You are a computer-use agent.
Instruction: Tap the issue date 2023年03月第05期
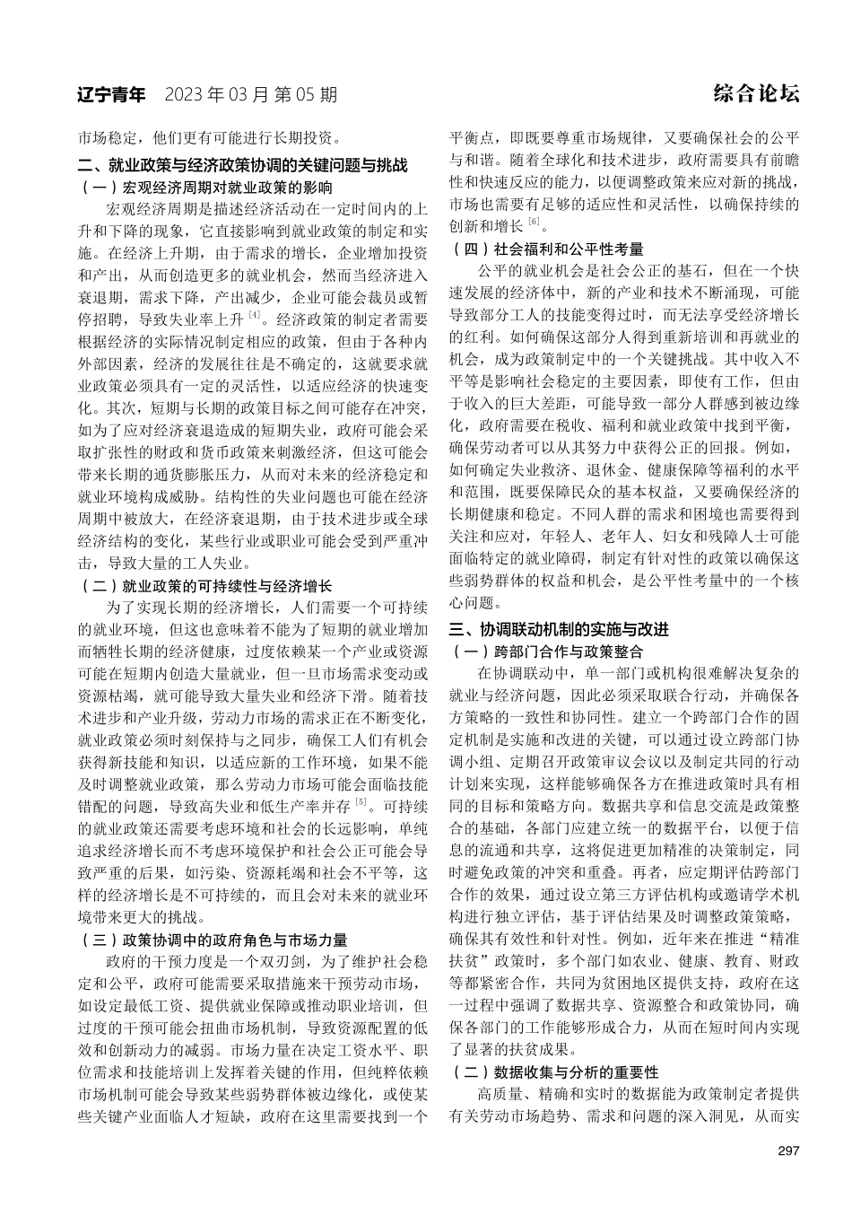click(251, 94)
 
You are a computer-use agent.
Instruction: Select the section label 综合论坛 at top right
click(757, 93)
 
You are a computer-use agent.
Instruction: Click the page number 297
click(788, 1151)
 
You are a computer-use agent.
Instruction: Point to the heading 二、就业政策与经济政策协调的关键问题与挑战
click(243, 166)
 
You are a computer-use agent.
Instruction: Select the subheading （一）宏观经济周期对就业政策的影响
click(206, 188)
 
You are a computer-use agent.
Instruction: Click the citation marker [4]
click(255, 315)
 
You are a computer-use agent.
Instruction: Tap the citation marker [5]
click(361, 801)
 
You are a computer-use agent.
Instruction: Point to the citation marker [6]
click(534, 222)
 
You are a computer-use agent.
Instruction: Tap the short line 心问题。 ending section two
click(477, 601)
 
